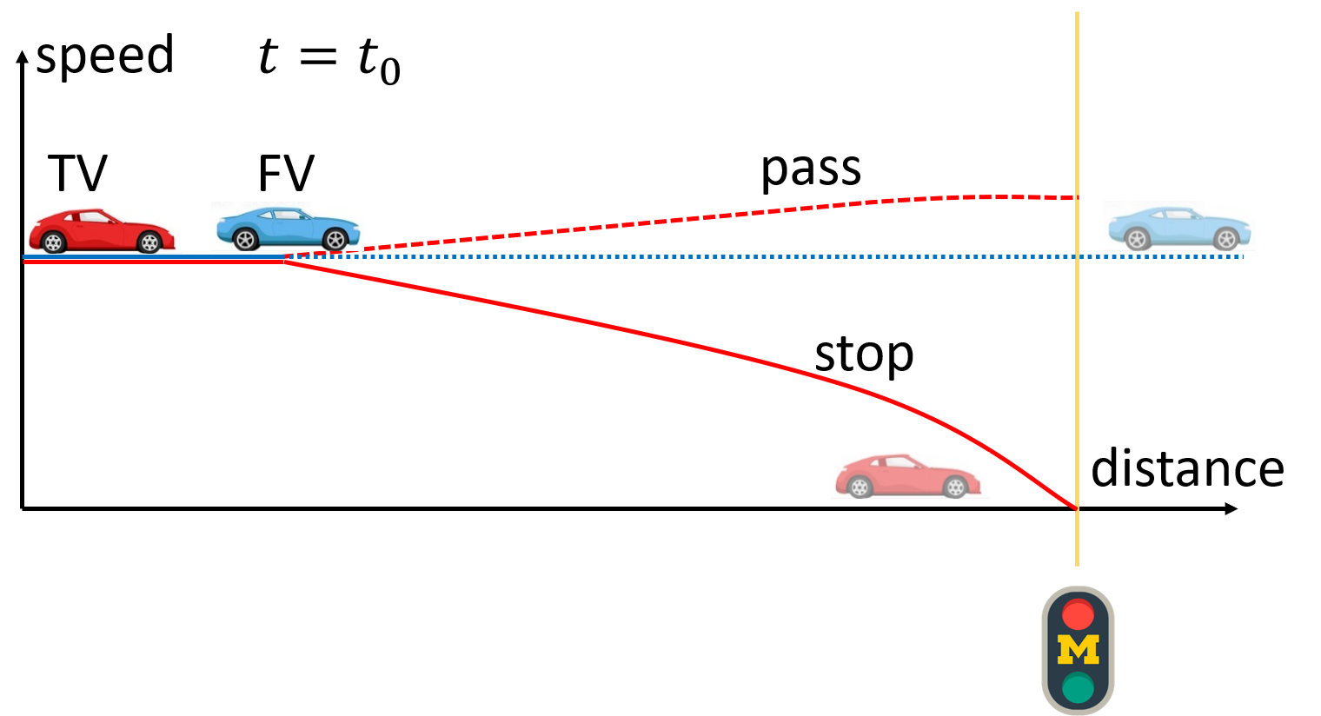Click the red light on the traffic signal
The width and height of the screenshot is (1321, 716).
click(x=1078, y=615)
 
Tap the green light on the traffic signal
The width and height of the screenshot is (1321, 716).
click(x=1078, y=687)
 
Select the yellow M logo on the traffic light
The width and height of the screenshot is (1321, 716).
click(x=1078, y=651)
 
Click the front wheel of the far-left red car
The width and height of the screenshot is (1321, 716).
click(x=149, y=242)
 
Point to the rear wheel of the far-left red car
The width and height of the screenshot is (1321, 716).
click(x=54, y=242)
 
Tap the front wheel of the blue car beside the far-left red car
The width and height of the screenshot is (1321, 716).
click(x=335, y=239)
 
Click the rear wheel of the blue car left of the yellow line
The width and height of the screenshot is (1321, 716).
click(x=245, y=239)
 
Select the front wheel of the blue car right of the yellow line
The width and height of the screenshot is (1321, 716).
click(x=1226, y=239)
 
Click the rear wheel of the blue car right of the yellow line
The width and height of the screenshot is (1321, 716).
click(x=1137, y=239)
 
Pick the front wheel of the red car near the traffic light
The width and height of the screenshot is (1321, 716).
click(x=955, y=487)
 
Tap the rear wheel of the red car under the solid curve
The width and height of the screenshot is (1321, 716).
click(x=860, y=487)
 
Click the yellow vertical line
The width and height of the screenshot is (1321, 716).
click(x=1077, y=104)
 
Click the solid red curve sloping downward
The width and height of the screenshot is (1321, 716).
click(x=608, y=327)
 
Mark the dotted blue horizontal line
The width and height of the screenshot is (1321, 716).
click(x=695, y=256)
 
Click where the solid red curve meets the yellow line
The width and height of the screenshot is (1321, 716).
click(x=1077, y=508)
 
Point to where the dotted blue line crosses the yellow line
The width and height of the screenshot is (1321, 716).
click(x=1077, y=256)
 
